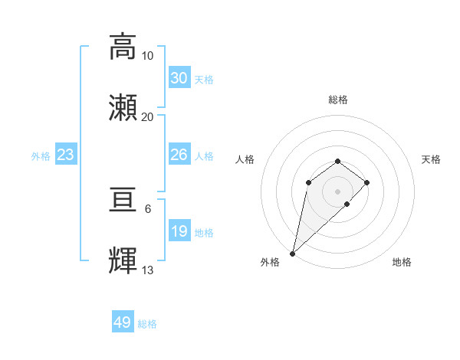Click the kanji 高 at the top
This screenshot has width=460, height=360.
123,46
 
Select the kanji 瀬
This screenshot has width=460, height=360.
123,107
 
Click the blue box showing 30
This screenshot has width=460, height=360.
179,78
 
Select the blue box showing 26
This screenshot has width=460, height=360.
179,155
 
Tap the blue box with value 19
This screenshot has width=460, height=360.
179,231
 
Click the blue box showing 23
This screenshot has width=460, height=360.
65,155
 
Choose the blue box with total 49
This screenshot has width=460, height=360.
123,322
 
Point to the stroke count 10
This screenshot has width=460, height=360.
147,56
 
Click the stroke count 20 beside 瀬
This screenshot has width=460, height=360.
147,116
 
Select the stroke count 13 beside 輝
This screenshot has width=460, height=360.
147,270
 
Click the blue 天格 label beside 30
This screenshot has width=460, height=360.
204,80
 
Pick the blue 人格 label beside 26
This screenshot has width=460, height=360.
204,156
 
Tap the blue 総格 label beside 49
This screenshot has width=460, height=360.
147,324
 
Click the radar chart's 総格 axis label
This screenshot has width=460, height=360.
337,100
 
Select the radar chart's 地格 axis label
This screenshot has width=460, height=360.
402,262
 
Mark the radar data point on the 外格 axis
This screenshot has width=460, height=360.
293,253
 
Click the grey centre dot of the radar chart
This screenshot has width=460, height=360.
337,191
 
